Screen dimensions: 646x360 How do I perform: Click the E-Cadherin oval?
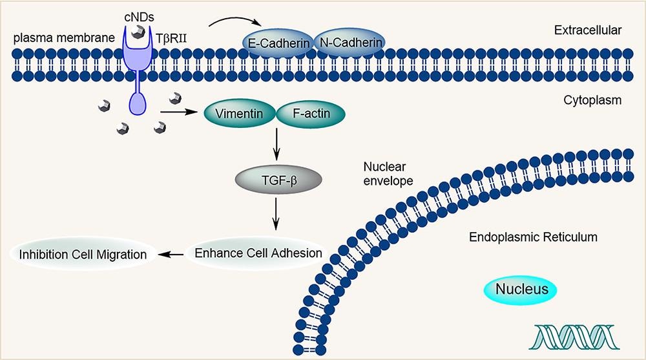(x=278, y=43)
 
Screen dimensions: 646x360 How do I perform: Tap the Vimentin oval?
(x=240, y=113)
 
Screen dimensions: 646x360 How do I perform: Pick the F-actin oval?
(x=311, y=113)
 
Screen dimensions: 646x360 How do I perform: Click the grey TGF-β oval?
(x=278, y=180)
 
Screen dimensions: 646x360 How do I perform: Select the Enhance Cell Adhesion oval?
(x=258, y=253)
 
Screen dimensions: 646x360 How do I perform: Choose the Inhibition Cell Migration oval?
(x=83, y=254)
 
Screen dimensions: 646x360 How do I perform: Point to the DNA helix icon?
(x=576, y=337)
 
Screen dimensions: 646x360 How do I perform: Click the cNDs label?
(x=139, y=17)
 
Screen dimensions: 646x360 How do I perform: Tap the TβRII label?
(x=171, y=39)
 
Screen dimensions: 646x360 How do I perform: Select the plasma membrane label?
(x=64, y=38)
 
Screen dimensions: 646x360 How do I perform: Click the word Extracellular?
(x=587, y=30)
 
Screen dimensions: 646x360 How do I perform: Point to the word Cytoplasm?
(x=592, y=100)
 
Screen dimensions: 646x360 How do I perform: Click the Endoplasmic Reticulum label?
(x=533, y=237)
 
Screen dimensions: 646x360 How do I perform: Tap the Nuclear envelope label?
(x=388, y=174)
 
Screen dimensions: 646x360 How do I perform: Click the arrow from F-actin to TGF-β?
(x=276, y=144)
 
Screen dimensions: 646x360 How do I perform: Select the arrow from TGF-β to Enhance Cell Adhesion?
(x=276, y=214)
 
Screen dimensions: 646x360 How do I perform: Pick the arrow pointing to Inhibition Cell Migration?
(x=171, y=255)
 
